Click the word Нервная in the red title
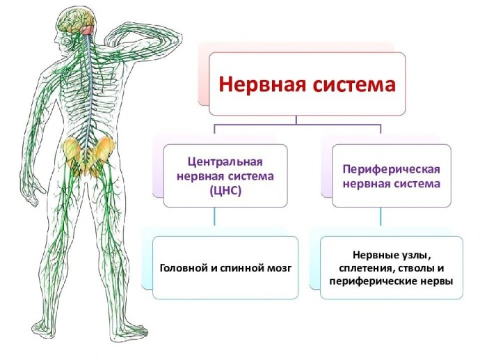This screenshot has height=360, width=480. tap(262, 84)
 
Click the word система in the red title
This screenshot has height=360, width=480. tap(355, 84)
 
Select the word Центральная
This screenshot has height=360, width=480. tap(225, 162)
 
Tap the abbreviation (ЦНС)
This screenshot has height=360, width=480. tap(225, 191)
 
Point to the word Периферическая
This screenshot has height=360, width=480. tap(391, 170)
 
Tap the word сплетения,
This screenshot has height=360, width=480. tap(364, 269)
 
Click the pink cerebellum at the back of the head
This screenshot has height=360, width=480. tap(87, 30)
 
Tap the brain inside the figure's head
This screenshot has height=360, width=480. tap(76, 22)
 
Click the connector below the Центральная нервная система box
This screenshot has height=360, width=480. tap(214, 216)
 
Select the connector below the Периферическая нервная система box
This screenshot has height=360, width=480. tap(381, 216)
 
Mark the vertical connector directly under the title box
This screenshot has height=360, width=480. tap(296, 120)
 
